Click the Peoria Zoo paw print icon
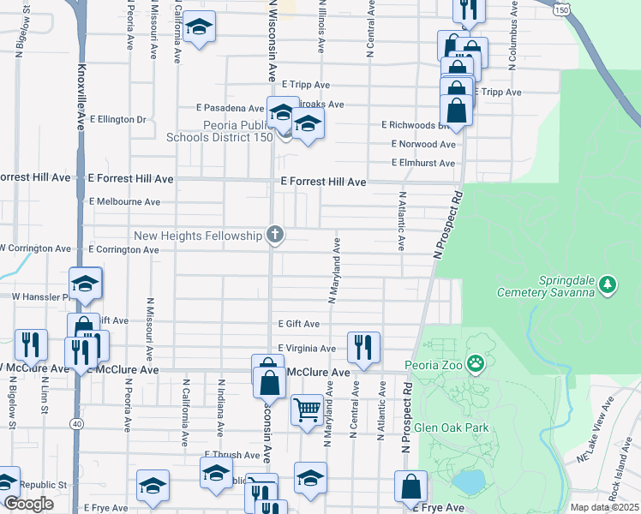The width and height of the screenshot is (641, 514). click(475, 366)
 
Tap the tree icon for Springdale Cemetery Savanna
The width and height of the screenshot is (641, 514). click(608, 284)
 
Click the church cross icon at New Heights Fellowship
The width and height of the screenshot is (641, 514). click(274, 234)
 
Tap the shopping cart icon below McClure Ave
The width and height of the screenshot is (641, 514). click(307, 409)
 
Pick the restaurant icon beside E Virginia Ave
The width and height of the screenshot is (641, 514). click(363, 347)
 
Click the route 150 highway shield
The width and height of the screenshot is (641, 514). click(561, 9)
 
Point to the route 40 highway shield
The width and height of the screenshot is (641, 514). click(76, 422)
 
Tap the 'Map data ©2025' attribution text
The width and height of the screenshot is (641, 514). click(604, 507)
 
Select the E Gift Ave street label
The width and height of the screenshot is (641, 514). click(298, 324)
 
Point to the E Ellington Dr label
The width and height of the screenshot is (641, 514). click(117, 119)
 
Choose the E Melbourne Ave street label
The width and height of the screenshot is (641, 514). click(124, 202)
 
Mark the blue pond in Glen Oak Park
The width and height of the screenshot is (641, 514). click(468, 482)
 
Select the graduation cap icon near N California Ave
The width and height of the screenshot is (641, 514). click(199, 30)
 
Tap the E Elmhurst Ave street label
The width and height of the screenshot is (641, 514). click(423, 163)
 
